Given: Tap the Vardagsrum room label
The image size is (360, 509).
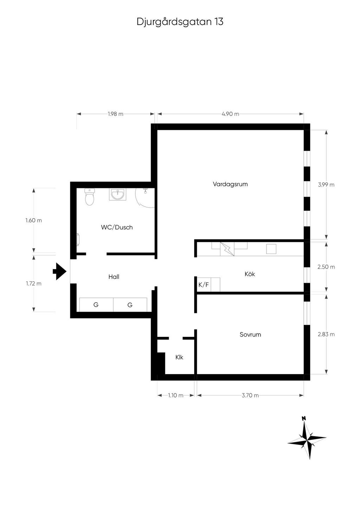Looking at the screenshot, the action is point(230,184).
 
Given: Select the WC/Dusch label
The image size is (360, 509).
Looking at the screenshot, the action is point(117,227).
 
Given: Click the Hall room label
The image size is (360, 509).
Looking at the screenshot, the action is point(114,277).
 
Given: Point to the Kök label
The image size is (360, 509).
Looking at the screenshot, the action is point(250,274).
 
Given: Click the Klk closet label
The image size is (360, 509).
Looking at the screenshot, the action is point(179,358).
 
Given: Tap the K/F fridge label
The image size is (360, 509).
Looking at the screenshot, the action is point(204,285).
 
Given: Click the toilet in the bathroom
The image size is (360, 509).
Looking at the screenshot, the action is point(90,197).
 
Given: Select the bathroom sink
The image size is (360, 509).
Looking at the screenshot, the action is point(117,194).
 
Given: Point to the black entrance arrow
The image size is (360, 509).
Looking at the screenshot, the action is point(59,271).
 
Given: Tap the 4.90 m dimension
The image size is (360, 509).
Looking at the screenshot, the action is point(230,114).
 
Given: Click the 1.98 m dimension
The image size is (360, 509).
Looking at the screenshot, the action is point(116,114).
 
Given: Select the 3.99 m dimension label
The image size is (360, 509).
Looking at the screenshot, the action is point(326,185).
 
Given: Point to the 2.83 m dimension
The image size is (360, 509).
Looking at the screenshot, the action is point(326,334).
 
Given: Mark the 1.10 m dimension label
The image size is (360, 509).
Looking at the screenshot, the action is point(175,396).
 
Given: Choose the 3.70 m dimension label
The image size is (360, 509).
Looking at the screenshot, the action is point(250,396).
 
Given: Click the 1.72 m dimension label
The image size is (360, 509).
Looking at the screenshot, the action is point(34,283).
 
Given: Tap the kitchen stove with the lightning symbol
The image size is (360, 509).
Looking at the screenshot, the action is point(227,249).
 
